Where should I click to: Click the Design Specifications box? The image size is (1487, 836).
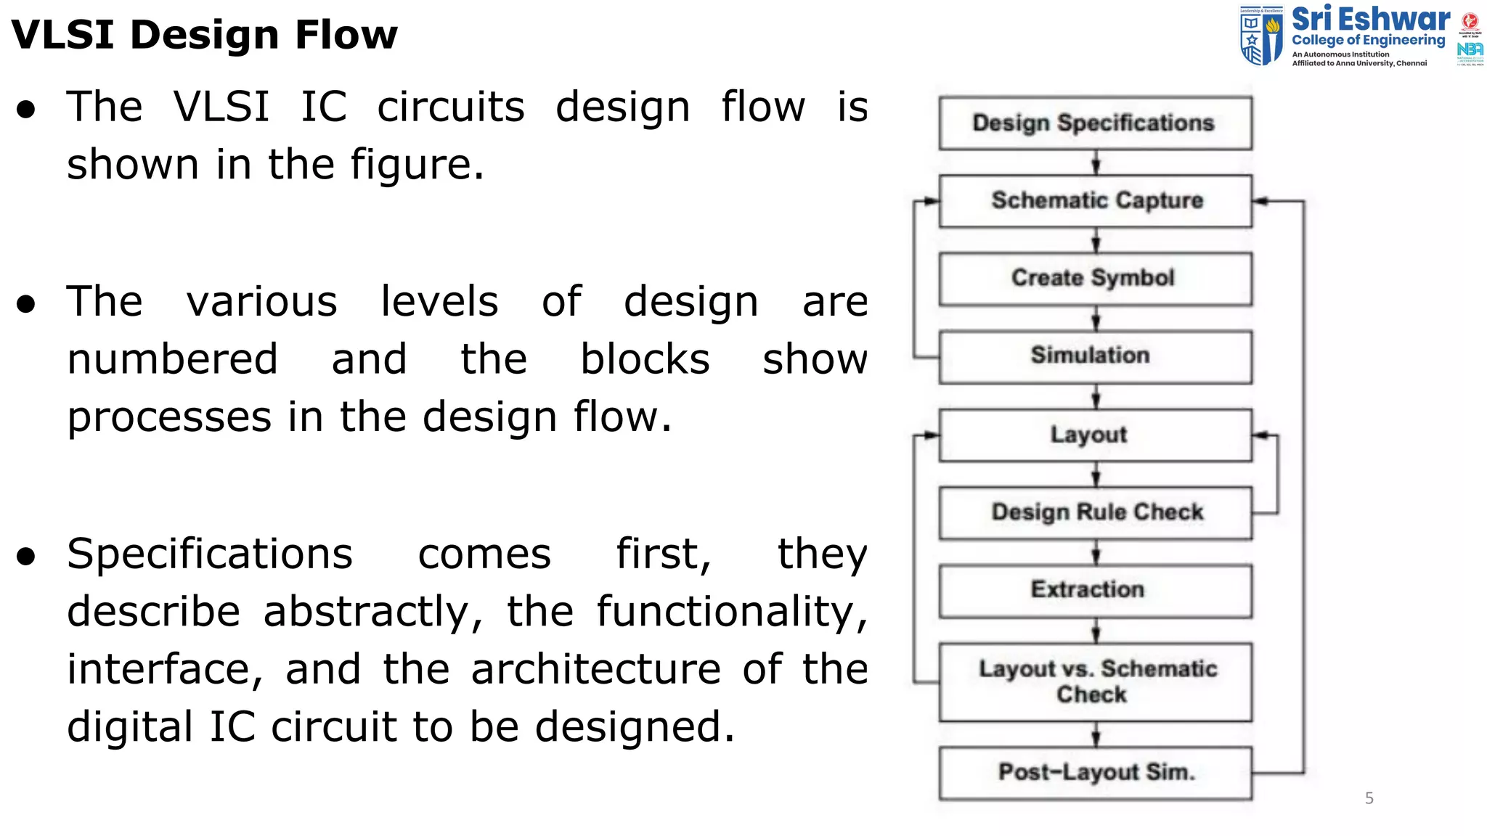point(1095,123)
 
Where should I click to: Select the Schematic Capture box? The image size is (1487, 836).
point(1095,201)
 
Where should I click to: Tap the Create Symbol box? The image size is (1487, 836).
point(1095,279)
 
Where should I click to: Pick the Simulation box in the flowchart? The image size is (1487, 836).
point(1095,356)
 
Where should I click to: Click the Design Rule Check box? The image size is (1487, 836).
point(1095,512)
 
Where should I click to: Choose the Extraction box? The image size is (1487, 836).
point(1095,591)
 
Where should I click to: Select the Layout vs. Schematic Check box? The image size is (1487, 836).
point(1095,681)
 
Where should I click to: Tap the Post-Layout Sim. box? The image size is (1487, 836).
point(1095,773)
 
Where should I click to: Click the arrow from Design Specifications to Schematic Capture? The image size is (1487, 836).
point(1096,163)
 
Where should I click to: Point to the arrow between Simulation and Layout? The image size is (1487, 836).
point(1096,397)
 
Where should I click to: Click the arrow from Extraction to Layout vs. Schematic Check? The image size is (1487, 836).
point(1096,631)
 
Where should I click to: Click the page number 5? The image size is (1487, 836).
point(1369,798)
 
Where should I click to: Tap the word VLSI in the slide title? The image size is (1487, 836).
point(63,35)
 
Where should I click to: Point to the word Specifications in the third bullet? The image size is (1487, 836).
point(210,554)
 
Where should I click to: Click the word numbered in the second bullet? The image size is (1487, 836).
point(173,359)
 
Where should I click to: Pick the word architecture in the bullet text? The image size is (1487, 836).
point(596,669)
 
